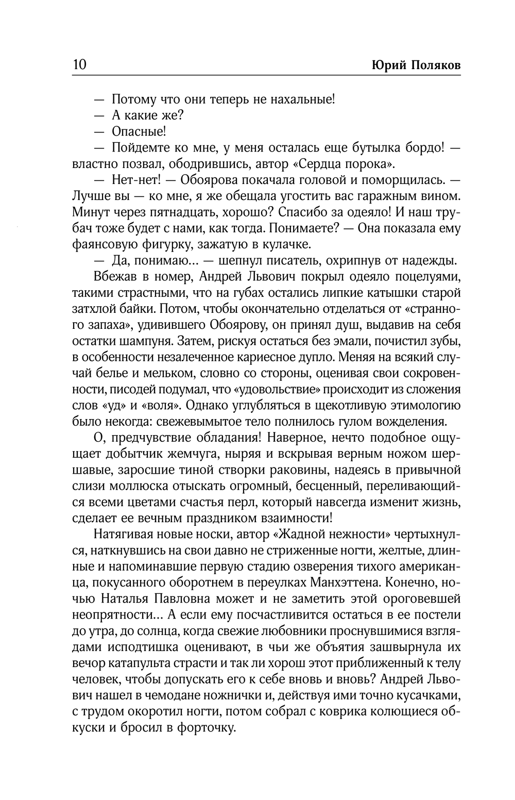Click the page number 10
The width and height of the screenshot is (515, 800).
[80, 65]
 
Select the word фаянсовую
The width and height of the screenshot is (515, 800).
[109, 244]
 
